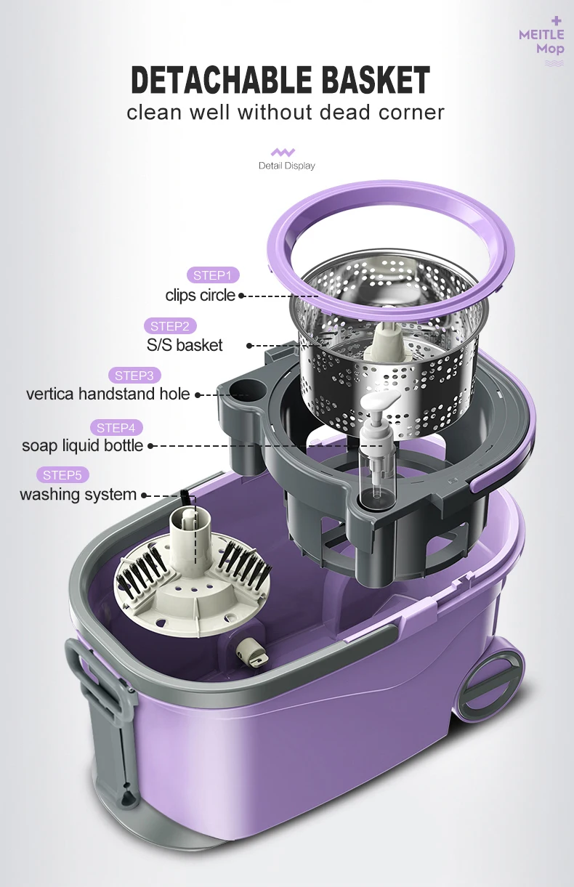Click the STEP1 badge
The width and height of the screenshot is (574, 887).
211,275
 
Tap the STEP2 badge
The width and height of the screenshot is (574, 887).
169,326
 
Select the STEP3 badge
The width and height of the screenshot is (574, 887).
134,376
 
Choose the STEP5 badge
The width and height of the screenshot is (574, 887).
62,475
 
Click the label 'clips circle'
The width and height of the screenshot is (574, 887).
201,295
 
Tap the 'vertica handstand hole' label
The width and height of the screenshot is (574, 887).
108,394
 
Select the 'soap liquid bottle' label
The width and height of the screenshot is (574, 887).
82,445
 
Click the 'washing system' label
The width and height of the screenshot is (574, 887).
78,495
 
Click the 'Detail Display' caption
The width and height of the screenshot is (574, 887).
286,166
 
